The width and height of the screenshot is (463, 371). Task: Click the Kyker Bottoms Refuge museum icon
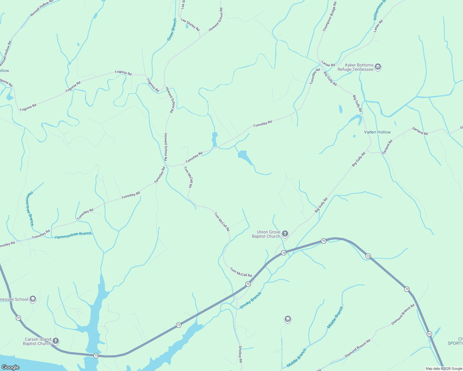point(378,67)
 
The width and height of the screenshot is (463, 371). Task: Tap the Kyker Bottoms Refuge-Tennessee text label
point(355,67)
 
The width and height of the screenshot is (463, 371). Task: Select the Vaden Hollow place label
point(377,132)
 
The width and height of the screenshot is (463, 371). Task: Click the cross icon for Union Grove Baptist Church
point(285,233)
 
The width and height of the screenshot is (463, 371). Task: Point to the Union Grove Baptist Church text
point(266,234)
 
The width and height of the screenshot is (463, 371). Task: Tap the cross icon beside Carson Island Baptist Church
point(56,341)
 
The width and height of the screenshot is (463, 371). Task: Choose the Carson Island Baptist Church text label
point(37,341)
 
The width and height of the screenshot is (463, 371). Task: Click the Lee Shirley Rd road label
point(190,25)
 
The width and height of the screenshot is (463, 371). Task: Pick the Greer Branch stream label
point(172,30)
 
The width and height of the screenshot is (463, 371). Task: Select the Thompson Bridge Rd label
point(330,17)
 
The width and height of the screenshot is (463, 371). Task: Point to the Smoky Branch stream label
point(250,301)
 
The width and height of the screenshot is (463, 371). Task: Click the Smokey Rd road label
point(240,354)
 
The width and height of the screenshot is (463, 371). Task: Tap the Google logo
point(10,367)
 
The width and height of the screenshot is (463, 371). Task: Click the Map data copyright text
point(444,369)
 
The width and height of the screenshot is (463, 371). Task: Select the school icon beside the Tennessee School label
point(33,299)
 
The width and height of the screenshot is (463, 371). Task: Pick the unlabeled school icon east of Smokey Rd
point(288,319)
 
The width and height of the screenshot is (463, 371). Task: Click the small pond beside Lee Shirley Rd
point(187,26)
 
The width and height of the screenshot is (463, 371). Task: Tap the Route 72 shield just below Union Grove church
point(283,253)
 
